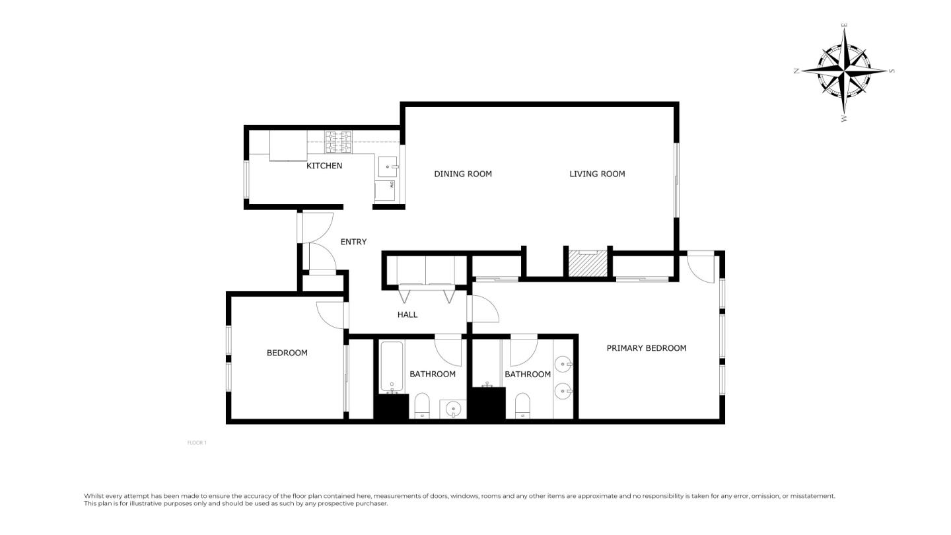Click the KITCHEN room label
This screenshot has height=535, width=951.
(324, 166)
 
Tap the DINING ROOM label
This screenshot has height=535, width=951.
(462, 174)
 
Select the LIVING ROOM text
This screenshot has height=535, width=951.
(597, 174)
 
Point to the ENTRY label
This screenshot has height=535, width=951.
(353, 242)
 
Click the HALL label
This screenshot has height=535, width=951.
(407, 314)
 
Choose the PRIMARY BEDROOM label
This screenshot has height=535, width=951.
(646, 348)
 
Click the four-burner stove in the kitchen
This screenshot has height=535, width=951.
(337, 142)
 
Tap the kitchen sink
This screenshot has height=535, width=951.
(387, 166)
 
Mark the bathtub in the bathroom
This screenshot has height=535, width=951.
(392, 367)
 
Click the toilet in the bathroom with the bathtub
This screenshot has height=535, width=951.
(422, 406)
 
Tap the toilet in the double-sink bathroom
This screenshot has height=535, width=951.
(522, 406)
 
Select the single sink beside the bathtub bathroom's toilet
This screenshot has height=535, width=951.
(453, 410)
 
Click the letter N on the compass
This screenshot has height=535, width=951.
(797, 71)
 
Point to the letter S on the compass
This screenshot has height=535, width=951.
(892, 71)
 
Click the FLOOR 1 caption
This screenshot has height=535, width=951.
(197, 443)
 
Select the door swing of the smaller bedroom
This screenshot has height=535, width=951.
(330, 314)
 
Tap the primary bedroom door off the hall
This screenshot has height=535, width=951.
(483, 309)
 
